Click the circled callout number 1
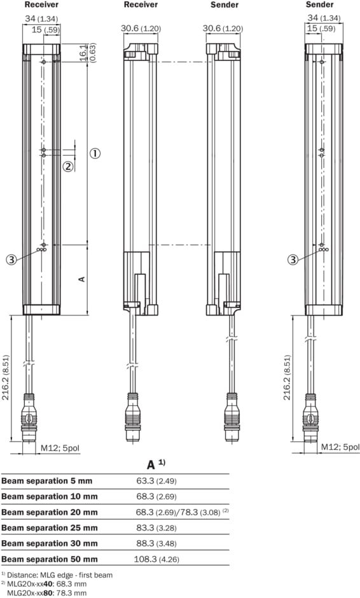coord(95,153)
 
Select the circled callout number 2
coord(68,167)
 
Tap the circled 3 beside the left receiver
coord(11,260)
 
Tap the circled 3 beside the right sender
coord(293,260)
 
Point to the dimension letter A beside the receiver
coord(81,279)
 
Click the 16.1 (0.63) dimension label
coord(88,52)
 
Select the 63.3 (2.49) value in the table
coord(156,481)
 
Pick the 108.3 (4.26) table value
coord(156,559)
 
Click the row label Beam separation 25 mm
coord(50,528)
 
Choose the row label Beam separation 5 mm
coord(47,481)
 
